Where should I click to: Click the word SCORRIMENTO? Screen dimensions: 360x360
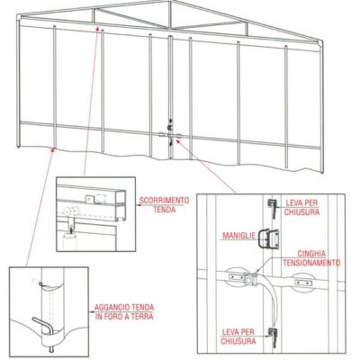coord(165,201)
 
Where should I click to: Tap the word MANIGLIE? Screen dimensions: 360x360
coord(238,235)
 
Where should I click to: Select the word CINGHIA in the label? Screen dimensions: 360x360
coord(311,254)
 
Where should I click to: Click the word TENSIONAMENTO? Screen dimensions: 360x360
coord(311,263)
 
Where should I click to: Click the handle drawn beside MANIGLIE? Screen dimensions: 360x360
coord(269,239)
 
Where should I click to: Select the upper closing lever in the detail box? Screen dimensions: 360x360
coord(273,209)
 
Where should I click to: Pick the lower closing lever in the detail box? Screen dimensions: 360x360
coord(274,337)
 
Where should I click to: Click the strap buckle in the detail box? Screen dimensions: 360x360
coord(250,280)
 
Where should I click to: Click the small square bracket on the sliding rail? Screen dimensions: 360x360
coord(89,199)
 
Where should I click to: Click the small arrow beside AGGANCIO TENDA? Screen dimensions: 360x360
coord(91,312)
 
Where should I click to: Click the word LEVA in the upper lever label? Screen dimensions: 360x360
coord(294,202)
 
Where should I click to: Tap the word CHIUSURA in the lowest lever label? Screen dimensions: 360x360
coord(238,341)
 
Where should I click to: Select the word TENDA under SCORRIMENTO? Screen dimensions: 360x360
coord(165,210)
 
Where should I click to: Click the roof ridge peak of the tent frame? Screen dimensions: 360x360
coord(170,1)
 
